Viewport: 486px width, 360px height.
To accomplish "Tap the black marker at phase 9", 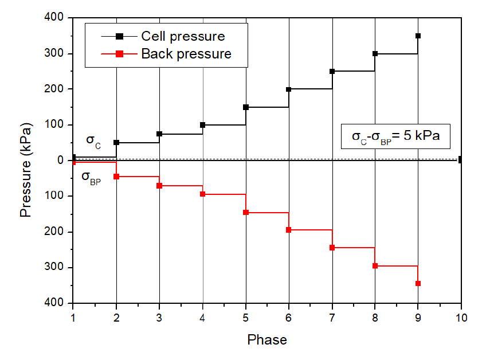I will (x=418, y=36).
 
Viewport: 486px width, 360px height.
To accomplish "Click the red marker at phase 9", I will (x=418, y=283).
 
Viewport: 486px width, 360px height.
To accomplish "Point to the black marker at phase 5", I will (x=246, y=107).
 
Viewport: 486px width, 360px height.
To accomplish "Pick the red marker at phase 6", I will (x=289, y=230).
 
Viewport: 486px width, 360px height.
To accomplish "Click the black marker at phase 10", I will (x=461, y=159).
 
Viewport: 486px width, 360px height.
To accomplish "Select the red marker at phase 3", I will (x=159, y=186).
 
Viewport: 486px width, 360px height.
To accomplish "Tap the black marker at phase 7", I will (x=332, y=71).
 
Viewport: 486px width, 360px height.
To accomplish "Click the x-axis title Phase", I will (x=267, y=340).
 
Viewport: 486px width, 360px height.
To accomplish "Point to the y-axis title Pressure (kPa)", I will (x=26, y=161).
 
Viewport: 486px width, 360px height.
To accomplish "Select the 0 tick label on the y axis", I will (x=62, y=161).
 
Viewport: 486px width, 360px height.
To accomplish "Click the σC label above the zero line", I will (x=93, y=142).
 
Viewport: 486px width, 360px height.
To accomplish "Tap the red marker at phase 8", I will (x=375, y=266).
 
